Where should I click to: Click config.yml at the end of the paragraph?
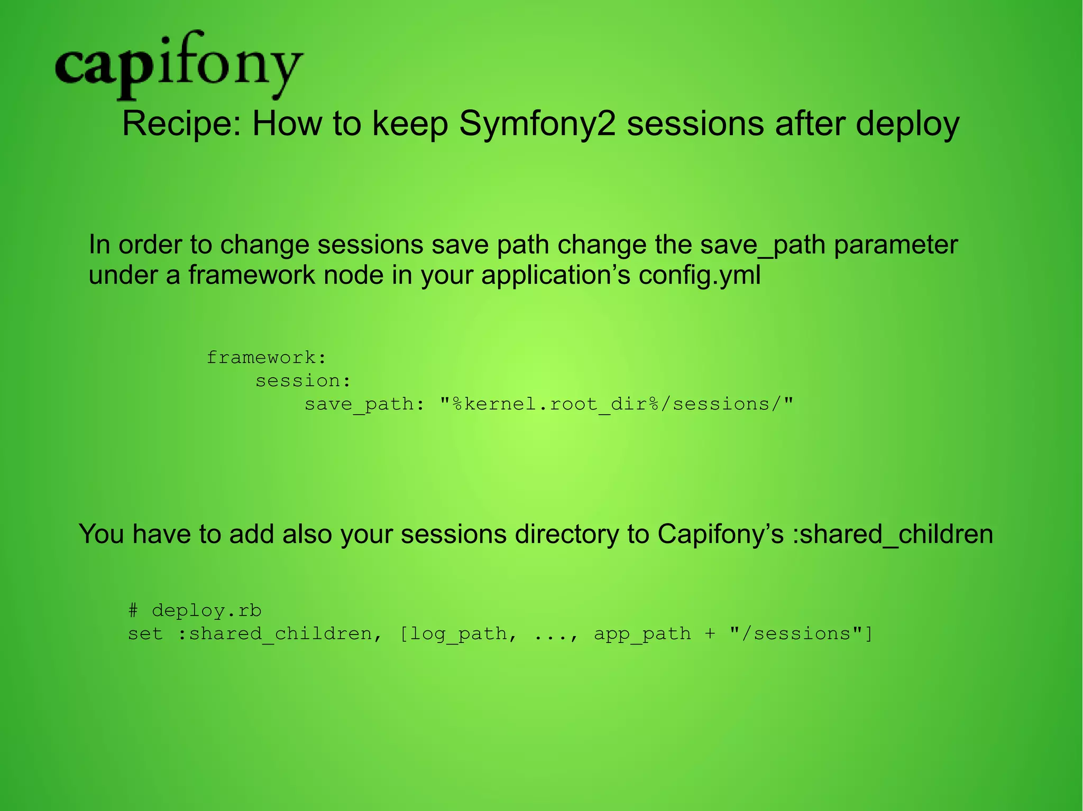[x=700, y=275]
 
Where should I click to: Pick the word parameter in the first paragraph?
[x=896, y=245]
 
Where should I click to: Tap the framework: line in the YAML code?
[x=266, y=358]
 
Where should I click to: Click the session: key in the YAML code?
[x=303, y=381]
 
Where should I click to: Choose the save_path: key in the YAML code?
[x=364, y=404]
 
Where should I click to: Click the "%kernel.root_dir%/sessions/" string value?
[x=617, y=404]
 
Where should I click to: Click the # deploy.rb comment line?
[x=195, y=611]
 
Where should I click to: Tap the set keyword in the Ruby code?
[x=145, y=633]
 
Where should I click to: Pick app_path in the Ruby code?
[x=642, y=633]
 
